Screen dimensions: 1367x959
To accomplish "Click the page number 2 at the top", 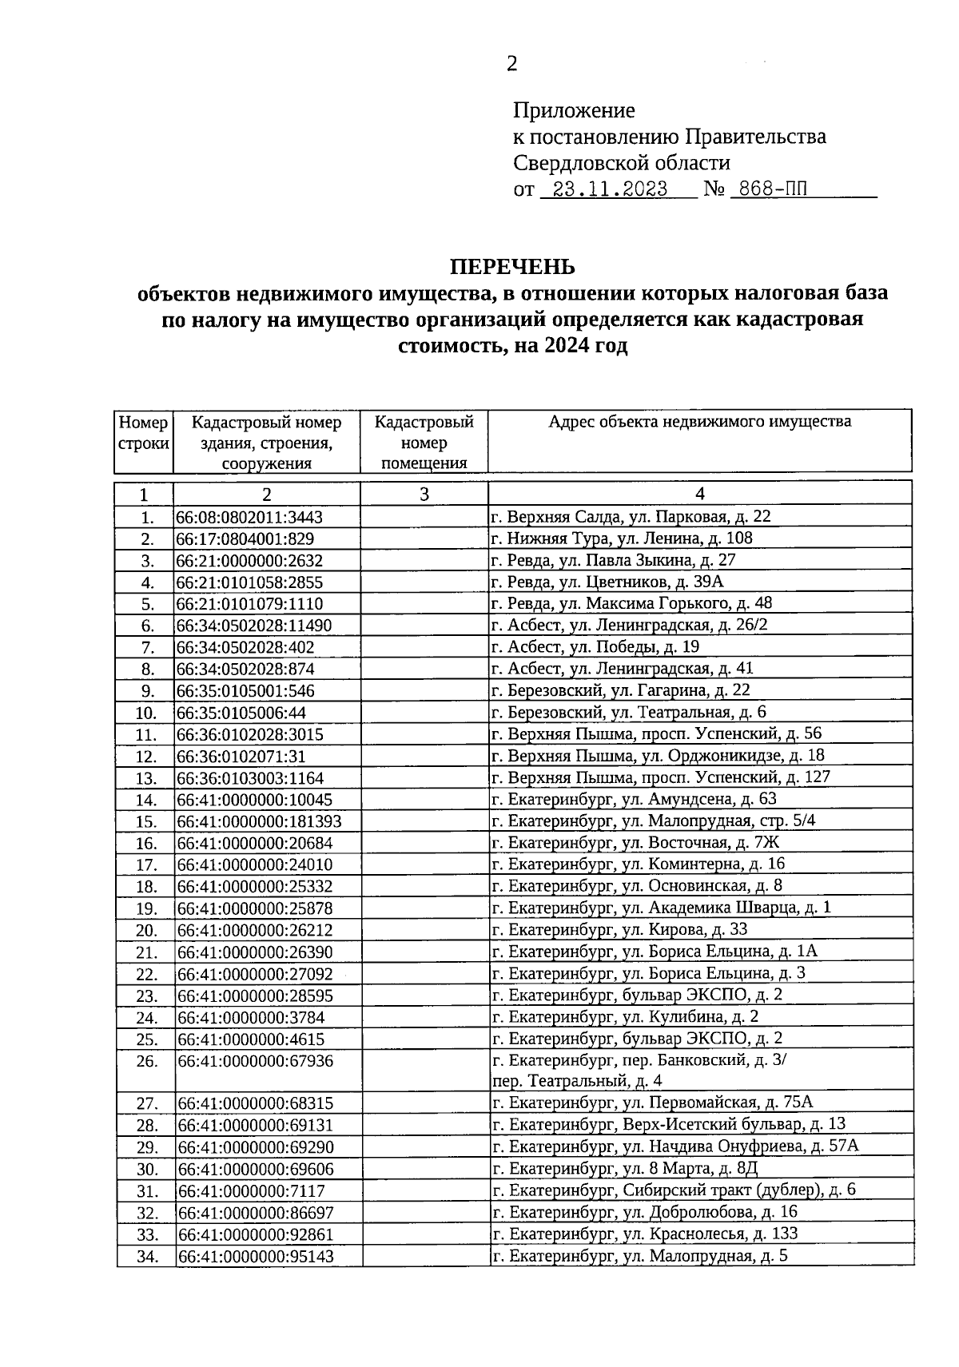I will [512, 64].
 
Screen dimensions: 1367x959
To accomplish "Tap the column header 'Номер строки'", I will [144, 432].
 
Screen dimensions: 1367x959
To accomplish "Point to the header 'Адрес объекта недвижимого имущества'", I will [699, 422].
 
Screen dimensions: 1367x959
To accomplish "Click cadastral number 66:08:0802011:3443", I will [249, 518].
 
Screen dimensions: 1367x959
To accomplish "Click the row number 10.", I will [145, 713].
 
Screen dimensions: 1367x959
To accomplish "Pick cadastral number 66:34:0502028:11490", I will [254, 626].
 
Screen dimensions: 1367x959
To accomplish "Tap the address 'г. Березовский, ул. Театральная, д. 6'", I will [629, 712].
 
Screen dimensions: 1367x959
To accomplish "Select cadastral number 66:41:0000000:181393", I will [259, 821].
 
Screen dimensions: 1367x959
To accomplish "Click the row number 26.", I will [145, 1062].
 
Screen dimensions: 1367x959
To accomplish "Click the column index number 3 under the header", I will [424, 495].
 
